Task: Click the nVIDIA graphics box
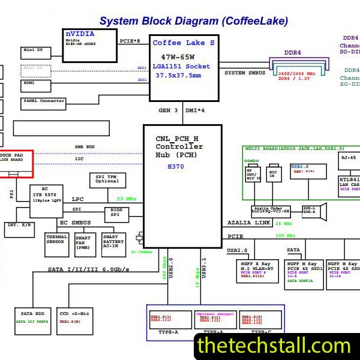pos(90,44)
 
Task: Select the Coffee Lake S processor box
pos(182,67)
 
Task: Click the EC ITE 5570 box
pos(46,201)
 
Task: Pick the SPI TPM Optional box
pos(107,179)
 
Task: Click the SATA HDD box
pos(32,322)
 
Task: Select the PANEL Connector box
pos(43,101)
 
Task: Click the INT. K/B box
pos(20,229)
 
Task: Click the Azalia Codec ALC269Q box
pos(270,211)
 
